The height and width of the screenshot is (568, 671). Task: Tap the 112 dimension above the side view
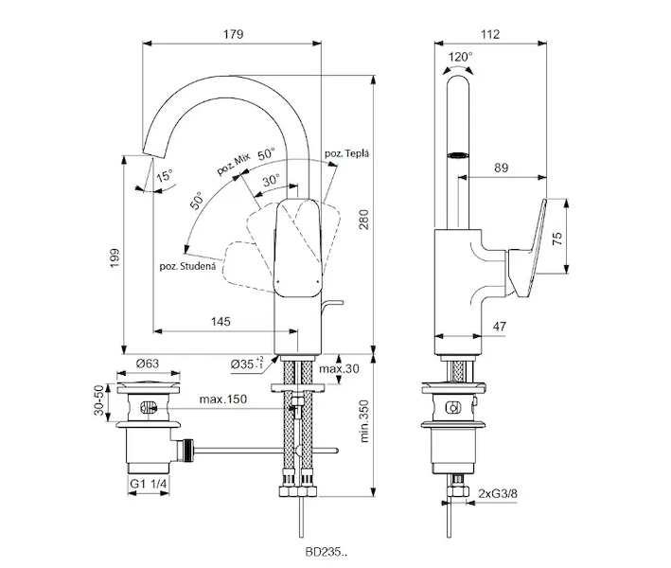point(488,34)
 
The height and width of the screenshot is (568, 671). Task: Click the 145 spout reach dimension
point(221,322)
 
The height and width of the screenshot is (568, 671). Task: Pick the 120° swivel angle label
point(461,57)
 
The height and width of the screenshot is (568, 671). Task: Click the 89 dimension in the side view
point(503,168)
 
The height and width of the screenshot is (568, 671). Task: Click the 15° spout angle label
point(165,175)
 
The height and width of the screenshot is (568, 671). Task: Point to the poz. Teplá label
point(347,153)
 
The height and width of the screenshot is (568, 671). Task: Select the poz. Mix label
point(233,163)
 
